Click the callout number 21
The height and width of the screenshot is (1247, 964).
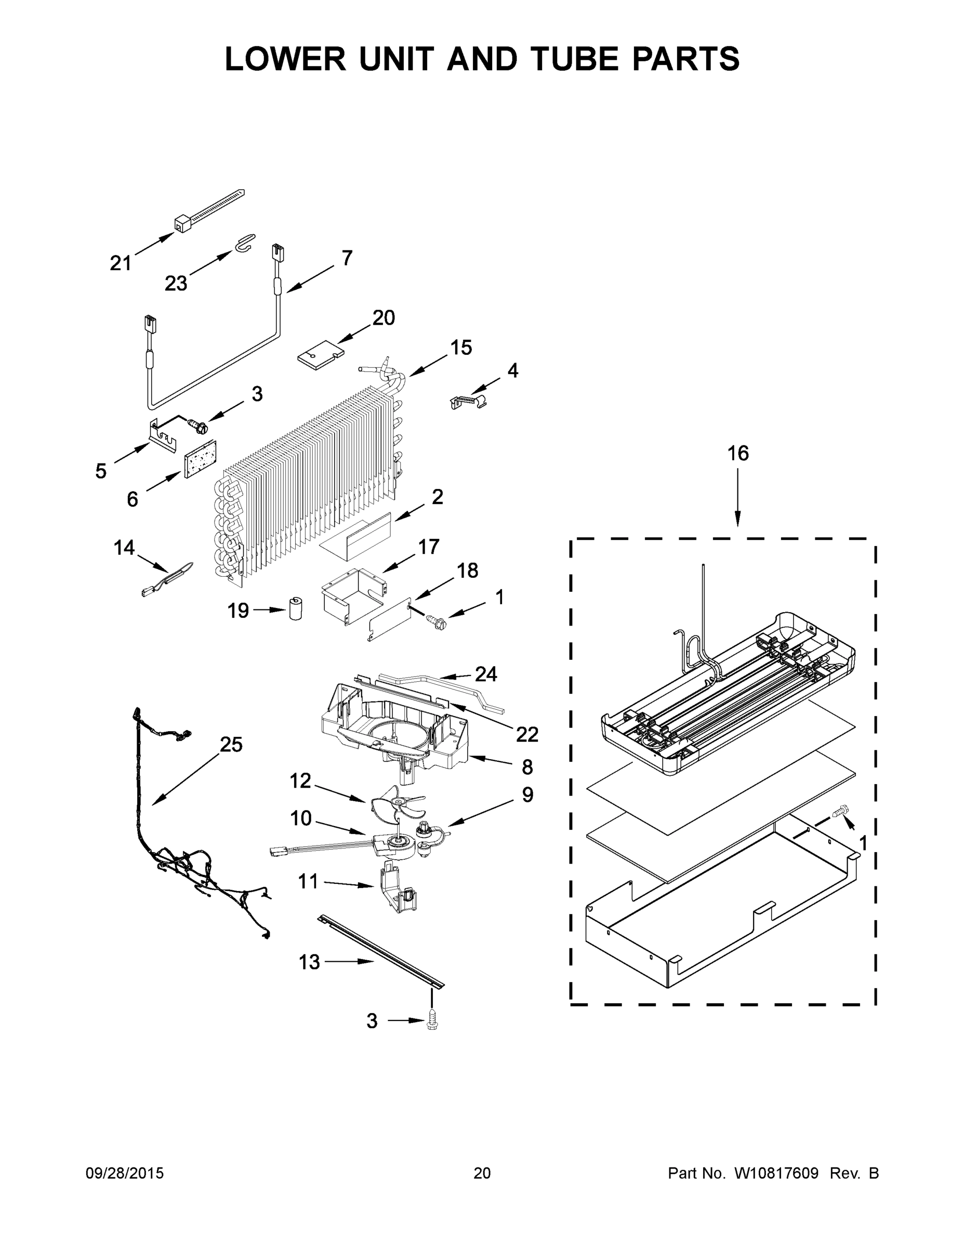121,263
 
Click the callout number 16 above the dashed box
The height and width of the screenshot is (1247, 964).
737,454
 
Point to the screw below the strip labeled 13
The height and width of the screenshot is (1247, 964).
432,1022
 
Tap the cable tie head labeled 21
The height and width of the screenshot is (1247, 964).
181,224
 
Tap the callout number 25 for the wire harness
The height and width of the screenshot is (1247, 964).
231,745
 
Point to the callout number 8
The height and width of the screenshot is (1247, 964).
527,767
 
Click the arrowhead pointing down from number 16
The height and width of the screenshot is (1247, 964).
737,520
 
